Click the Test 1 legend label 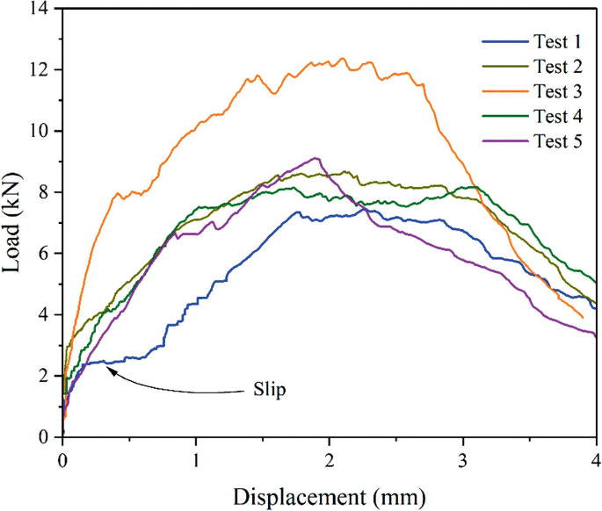[556, 41]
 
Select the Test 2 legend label [556, 66]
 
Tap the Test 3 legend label [556, 90]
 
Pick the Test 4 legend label [556, 116]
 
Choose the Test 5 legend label [556, 140]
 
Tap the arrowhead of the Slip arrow [109, 369]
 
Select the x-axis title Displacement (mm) [329, 496]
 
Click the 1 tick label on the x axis [196, 460]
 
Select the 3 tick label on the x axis [463, 460]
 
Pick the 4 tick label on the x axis [596, 460]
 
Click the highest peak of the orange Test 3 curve [341, 59]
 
